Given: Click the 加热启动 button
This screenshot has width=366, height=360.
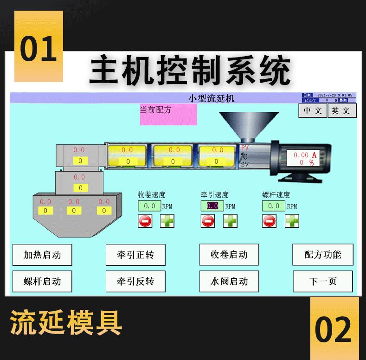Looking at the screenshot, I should tap(42, 255).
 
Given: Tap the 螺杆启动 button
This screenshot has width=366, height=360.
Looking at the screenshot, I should tap(42, 281).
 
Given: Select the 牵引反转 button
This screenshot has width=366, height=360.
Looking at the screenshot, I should tap(135, 281).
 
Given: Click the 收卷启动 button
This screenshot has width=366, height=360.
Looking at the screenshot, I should tap(229, 255).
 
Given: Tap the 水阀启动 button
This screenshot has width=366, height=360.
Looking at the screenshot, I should tap(229, 281).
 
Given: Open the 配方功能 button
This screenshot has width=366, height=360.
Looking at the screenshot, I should tap(323, 255).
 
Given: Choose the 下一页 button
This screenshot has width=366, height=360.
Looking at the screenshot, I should tap(323, 281).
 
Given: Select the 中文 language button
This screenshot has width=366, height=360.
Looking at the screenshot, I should tap(313, 111).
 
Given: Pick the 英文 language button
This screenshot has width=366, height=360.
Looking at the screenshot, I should tap(341, 111).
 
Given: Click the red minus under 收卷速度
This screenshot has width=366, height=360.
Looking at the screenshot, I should tap(145, 221).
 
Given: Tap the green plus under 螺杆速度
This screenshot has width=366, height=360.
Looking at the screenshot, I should tap(292, 221).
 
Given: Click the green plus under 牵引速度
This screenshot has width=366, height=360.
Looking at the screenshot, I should tap(230, 221).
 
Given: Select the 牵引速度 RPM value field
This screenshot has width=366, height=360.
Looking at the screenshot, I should tap(212, 206).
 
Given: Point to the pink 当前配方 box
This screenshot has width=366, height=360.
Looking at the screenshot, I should tap(168, 115).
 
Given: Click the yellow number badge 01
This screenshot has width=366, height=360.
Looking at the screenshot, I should tap(39, 49).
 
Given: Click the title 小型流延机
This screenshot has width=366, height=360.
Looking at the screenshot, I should tap(212, 98).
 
